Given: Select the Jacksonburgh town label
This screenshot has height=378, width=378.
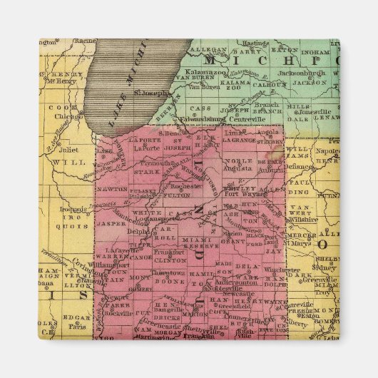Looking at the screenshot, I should (282, 73).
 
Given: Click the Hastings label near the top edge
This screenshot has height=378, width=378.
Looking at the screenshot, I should (257, 44).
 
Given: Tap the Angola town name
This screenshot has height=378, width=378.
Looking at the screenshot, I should (273, 133).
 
